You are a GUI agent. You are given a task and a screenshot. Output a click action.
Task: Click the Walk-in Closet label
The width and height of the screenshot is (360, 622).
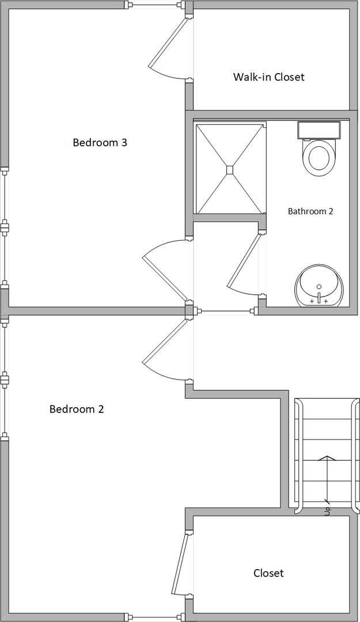pyautogui.click(x=269, y=77)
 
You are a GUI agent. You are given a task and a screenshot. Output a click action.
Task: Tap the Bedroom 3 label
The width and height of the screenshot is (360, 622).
pyautogui.click(x=100, y=142)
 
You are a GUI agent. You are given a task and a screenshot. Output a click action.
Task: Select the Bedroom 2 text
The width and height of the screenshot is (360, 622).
pyautogui.click(x=77, y=409)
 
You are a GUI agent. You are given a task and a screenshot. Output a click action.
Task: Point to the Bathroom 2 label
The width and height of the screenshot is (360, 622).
pyautogui.click(x=310, y=211)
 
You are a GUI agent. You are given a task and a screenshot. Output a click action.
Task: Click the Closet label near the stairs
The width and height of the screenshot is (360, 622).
pyautogui.click(x=269, y=573)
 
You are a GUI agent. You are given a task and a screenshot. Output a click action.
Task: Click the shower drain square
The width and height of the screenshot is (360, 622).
pyautogui.click(x=230, y=170)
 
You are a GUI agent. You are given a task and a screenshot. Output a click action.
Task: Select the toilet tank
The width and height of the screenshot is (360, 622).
pyautogui.click(x=319, y=130)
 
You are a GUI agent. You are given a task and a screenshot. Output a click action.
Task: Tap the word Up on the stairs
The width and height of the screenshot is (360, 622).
pyautogui.click(x=327, y=510)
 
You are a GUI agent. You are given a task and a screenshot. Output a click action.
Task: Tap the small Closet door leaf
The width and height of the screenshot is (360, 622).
pyautogui.click(x=180, y=563)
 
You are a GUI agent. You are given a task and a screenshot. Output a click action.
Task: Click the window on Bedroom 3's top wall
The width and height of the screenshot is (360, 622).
pyautogui.click(x=155, y=5)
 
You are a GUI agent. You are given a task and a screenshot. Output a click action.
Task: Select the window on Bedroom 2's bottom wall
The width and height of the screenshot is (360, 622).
pyautogui.click(x=155, y=617)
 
